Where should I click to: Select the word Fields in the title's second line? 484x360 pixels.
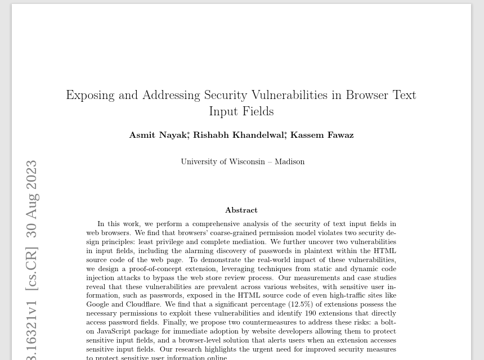point(258,111)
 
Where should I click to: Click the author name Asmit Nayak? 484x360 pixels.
point(159,135)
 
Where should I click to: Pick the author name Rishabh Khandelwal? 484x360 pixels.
point(239,135)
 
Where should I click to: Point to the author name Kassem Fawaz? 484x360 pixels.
point(322,135)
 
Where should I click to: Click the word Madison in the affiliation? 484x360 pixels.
point(289,161)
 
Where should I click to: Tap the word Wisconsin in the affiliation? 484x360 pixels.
point(243,161)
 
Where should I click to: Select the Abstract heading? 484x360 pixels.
point(241,210)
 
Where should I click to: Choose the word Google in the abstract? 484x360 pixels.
point(97,304)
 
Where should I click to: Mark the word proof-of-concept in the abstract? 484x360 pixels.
point(159,269)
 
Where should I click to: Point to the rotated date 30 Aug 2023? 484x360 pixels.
point(32,199)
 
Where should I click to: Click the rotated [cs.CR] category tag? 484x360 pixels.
point(32,268)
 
